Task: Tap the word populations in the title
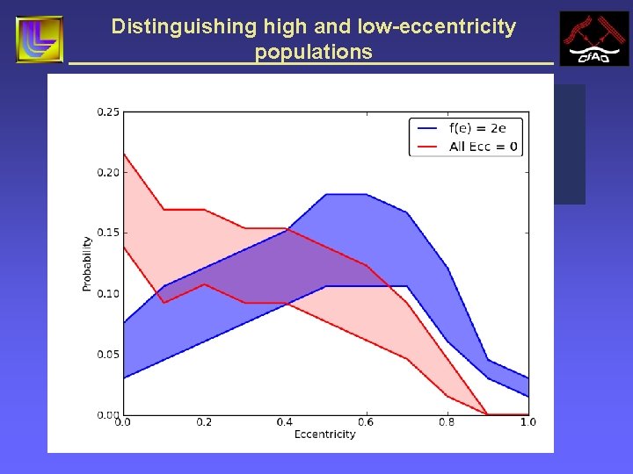click(313, 52)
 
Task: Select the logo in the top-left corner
click(40, 39)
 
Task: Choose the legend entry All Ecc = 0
click(483, 146)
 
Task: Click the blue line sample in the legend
click(428, 127)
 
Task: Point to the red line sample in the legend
click(428, 146)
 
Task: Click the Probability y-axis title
click(87, 263)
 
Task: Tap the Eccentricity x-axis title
click(324, 434)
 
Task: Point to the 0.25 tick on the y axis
click(108, 111)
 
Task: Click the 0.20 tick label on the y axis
click(108, 172)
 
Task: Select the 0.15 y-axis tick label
click(108, 233)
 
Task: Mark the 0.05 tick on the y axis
click(108, 354)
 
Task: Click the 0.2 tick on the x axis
click(204, 422)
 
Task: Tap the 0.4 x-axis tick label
click(285, 422)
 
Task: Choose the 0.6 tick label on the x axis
click(366, 422)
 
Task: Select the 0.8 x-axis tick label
click(447, 422)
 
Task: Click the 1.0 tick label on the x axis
click(527, 422)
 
